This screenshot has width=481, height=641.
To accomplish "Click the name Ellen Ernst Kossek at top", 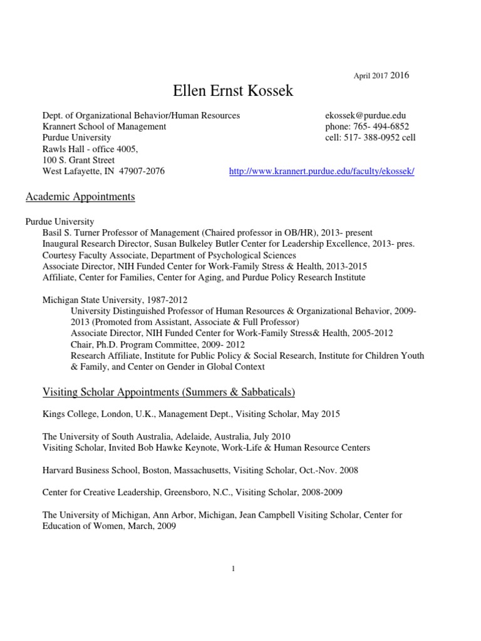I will click(232, 93).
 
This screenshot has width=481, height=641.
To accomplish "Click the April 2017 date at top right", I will click(371, 76).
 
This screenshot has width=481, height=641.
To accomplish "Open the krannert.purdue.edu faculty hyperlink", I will click(322, 171).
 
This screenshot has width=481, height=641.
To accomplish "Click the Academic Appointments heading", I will click(80, 197).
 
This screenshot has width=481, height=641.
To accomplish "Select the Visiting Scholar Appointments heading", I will click(168, 392).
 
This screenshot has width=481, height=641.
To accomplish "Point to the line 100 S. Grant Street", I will click(78, 160).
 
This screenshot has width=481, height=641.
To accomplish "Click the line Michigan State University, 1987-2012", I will click(115, 300).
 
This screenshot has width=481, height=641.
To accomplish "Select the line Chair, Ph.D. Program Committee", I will click(158, 344).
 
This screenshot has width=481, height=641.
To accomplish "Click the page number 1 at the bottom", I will click(233, 568).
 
